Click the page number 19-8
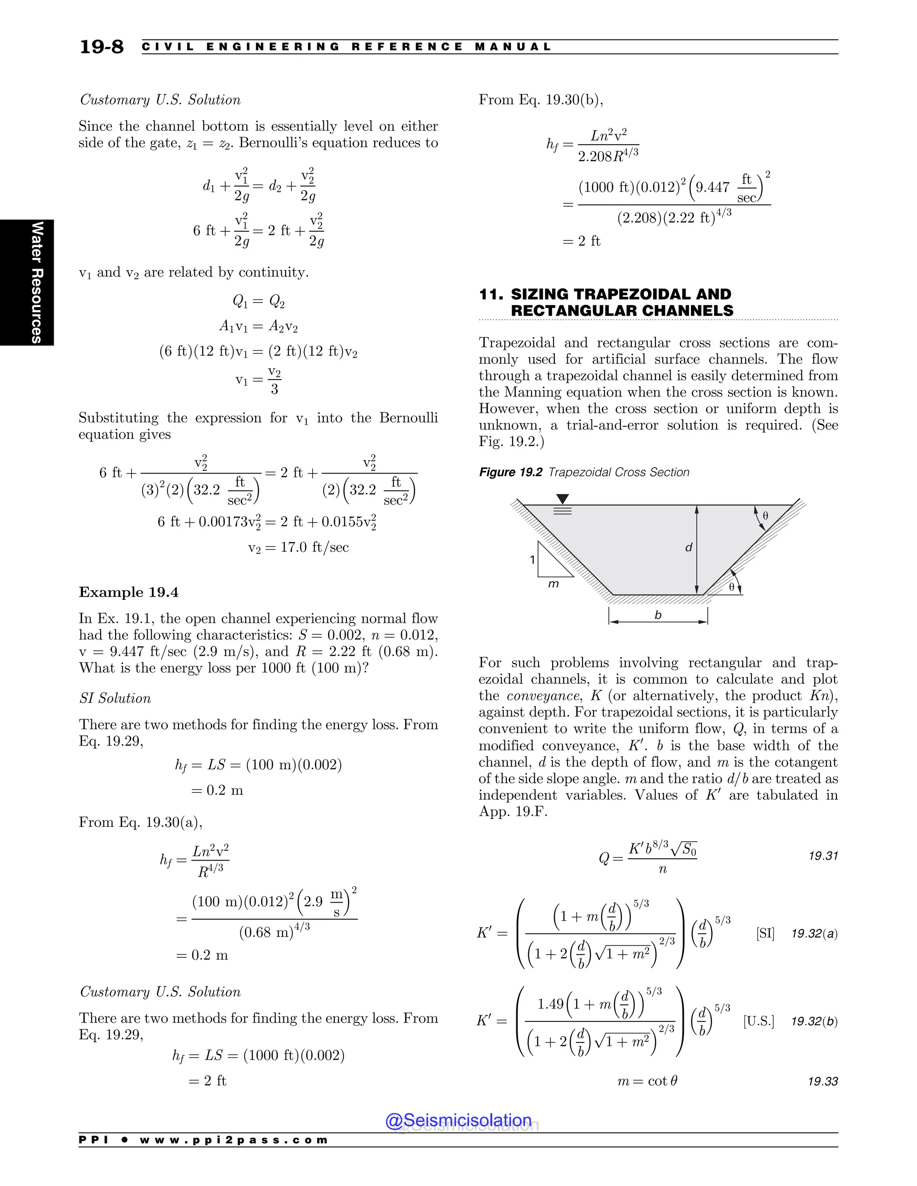[x=102, y=47]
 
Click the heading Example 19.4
[x=129, y=592]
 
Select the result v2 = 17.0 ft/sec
[x=298, y=547]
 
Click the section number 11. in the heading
[x=491, y=294]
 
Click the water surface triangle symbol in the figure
[x=563, y=499]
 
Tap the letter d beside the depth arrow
[x=688, y=547]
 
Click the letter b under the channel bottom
[x=658, y=615]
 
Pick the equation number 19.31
[x=823, y=856]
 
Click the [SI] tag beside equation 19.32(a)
[x=765, y=934]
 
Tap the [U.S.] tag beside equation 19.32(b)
[x=758, y=1021]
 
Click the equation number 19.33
[x=823, y=1081]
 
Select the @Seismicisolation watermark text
[x=458, y=1120]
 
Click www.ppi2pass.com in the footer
[x=234, y=1140]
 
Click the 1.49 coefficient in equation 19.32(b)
[x=550, y=1004]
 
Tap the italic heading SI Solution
[x=115, y=698]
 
